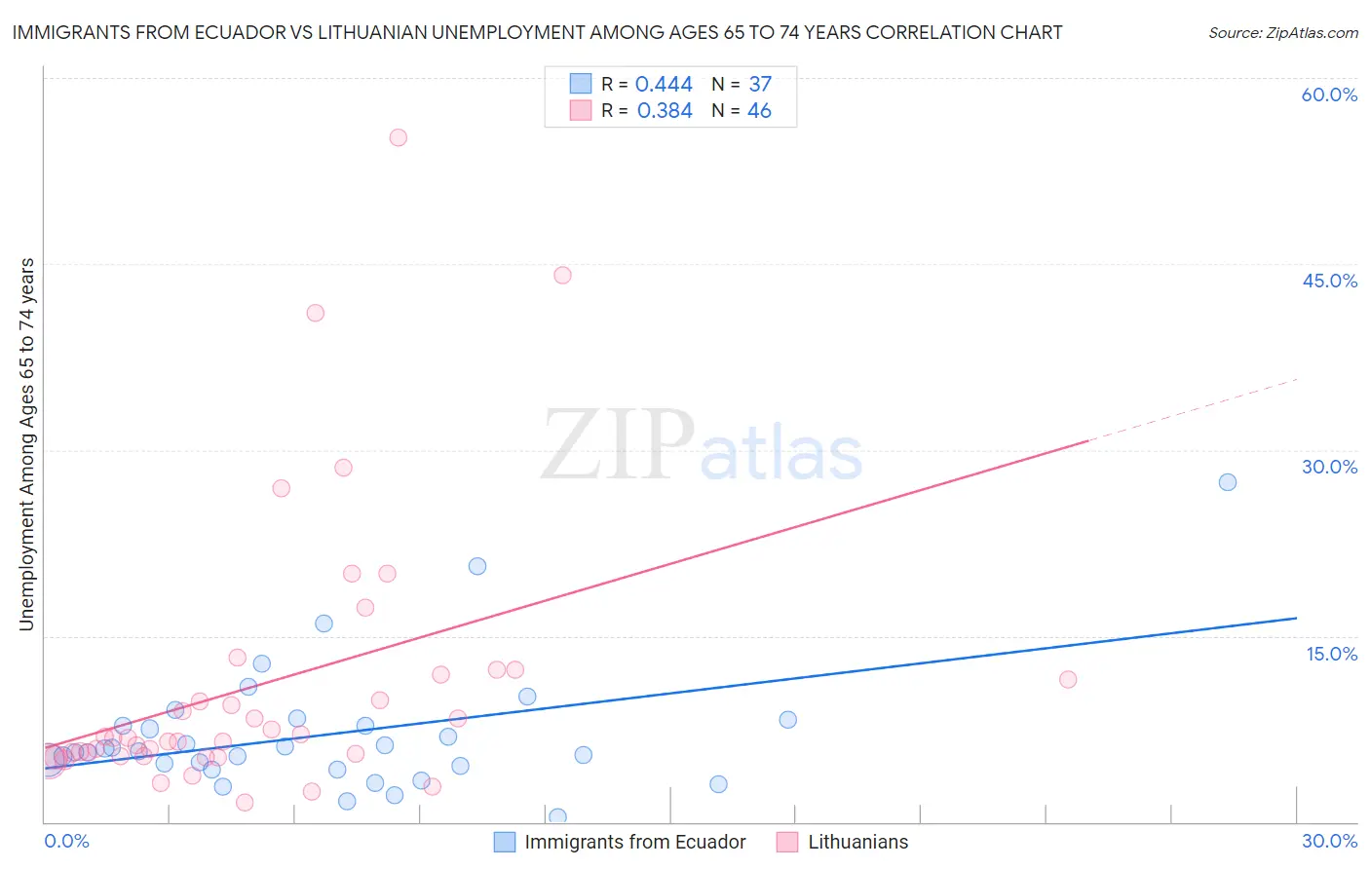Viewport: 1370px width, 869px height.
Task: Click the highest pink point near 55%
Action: pos(398,137)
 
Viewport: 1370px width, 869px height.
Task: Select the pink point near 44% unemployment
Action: pos(562,275)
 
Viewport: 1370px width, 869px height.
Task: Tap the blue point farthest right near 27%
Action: pos(1228,482)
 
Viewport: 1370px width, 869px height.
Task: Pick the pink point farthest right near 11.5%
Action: pos(1068,679)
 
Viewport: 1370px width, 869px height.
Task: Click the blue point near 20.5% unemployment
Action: pos(477,566)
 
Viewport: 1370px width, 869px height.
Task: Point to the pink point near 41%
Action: pos(315,313)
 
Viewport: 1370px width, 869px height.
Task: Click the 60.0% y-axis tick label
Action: pos(1329,94)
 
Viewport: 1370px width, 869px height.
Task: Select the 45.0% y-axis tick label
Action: pos(1329,281)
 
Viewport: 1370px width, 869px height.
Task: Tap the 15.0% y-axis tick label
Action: pos(1331,654)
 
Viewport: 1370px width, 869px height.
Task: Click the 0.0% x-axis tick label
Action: pos(66,841)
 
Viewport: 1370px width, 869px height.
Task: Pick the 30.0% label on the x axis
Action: pos(1329,841)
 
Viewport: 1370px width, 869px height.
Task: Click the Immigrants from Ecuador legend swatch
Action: pos(504,842)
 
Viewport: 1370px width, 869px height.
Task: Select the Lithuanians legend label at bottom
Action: pos(857,842)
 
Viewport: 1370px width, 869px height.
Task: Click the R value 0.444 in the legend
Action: pos(664,84)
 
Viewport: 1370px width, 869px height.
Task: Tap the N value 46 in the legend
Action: pos(759,111)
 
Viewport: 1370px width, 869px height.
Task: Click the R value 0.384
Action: pos(665,111)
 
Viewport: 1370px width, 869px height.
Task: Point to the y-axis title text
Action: pos(26,444)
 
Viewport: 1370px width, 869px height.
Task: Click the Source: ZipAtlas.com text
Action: pos(1282,33)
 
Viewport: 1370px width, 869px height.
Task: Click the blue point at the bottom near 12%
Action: pos(557,816)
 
